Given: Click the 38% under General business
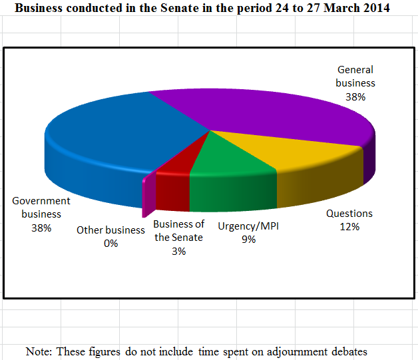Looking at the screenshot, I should coord(355,96).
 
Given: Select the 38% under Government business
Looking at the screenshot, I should coord(41,228).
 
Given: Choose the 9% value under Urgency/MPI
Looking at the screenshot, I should coord(248,240).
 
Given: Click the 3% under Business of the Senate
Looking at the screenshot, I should coord(178,252).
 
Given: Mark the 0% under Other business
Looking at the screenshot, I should coord(110,244).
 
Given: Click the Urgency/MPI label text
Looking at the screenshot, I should coord(248,226).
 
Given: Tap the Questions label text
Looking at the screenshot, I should coord(349,214).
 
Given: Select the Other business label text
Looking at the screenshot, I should coord(110,230).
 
